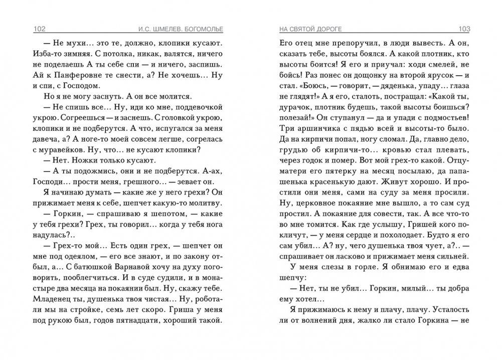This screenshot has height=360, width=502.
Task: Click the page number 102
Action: (x=38, y=28)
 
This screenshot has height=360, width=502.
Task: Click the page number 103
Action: (x=465, y=28)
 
